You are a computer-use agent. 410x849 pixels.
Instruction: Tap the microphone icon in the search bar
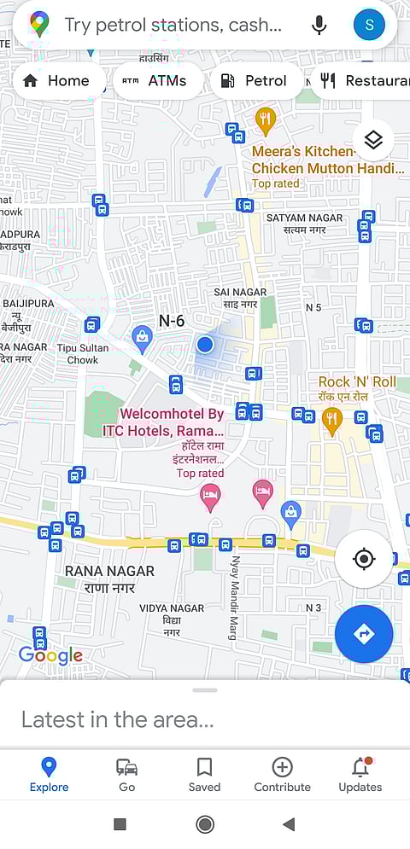[x=319, y=25]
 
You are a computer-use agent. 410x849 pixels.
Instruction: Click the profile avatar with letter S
[x=369, y=25]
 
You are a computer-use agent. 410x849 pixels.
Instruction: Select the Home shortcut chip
[x=56, y=81]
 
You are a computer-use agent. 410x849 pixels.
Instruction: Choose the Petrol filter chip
[x=254, y=81]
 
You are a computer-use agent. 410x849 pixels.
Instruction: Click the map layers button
[x=373, y=140]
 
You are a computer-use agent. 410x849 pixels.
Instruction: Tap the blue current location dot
[x=204, y=345]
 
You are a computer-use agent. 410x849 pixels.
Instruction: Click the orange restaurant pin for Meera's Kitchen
[x=266, y=120]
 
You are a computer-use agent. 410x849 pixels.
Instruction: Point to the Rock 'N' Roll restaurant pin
[x=332, y=419]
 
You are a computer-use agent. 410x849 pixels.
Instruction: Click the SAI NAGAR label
[x=240, y=298]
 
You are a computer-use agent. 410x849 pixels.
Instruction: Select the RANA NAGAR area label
[x=109, y=579]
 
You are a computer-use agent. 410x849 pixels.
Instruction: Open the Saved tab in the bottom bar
[x=204, y=775]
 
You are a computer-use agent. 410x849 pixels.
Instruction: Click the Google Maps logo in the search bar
[x=39, y=25]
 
